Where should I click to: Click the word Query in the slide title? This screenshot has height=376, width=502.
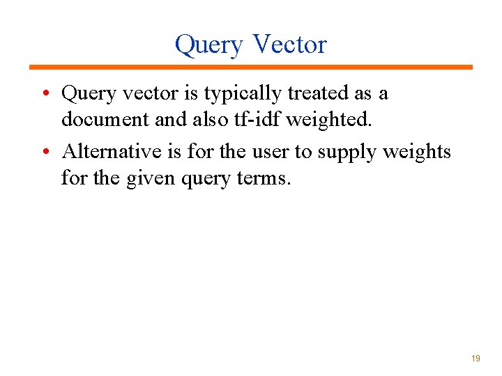(x=209, y=45)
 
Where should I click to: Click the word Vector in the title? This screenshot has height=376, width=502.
(x=289, y=44)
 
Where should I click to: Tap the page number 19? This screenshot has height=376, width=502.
(x=476, y=358)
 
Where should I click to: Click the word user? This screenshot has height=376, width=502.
(x=269, y=152)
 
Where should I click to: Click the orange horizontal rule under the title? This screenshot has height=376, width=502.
(x=251, y=67)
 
